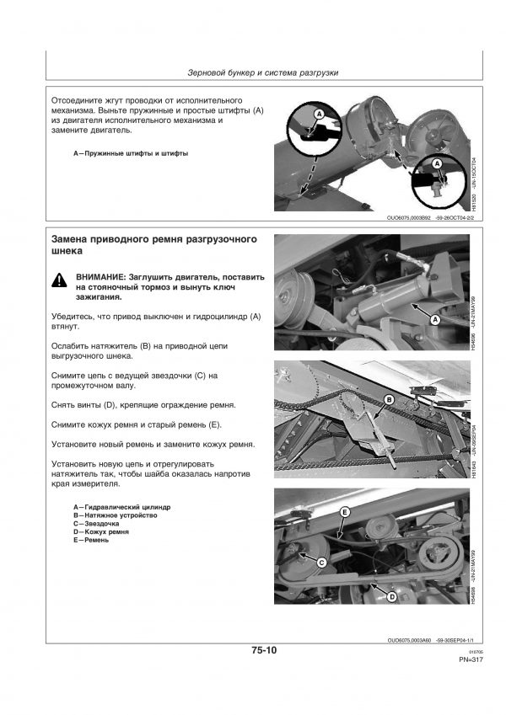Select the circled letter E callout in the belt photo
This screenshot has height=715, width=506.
pyautogui.click(x=344, y=512)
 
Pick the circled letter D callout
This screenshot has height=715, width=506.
pyautogui.click(x=391, y=596)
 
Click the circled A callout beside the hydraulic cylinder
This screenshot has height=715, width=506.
pyautogui.click(x=436, y=320)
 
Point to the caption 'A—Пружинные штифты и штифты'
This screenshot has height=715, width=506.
pyautogui.click(x=131, y=154)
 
